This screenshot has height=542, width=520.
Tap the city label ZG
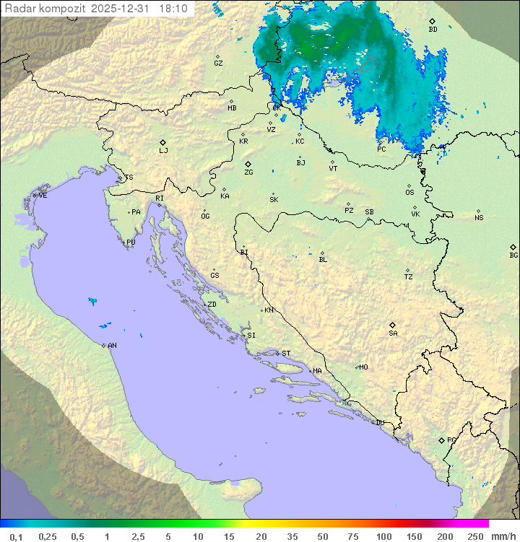[248, 172]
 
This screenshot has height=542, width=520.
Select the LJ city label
[163, 150]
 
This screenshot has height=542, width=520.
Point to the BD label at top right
[433, 30]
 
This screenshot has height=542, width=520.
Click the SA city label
[393, 333]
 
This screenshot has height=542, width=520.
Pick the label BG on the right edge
[513, 255]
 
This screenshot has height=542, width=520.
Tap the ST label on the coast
[286, 354]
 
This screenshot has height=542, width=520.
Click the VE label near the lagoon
[43, 196]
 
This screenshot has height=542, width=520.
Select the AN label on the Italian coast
[112, 346]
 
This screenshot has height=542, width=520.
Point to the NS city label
[479, 218]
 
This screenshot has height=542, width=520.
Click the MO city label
[363, 367]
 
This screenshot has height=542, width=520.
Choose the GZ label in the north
[218, 63]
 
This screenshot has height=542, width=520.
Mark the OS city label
[409, 193]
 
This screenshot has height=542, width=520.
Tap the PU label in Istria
[131, 242]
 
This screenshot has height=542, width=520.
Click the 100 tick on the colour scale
[383, 536]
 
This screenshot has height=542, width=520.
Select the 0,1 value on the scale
[16, 536]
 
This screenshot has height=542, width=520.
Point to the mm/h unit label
[502, 536]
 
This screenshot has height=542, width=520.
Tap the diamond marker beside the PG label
[441, 440]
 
